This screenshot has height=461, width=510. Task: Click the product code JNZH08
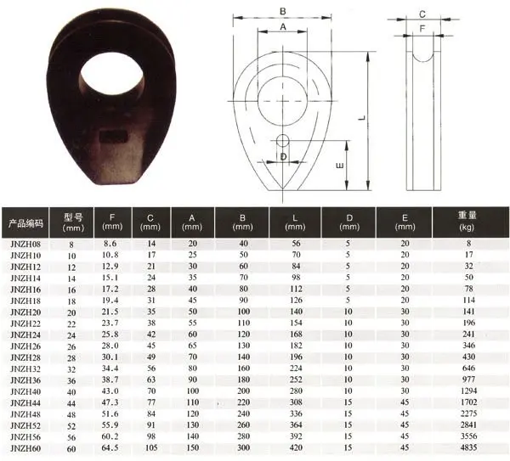25,244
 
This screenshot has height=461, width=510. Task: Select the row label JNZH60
25,448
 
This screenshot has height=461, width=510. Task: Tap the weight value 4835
468,447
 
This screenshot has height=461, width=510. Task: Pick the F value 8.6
110,244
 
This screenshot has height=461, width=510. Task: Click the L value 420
296,447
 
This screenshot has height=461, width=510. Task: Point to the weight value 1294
468,391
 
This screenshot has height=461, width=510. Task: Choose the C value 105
151,447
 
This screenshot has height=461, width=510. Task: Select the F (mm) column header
112,222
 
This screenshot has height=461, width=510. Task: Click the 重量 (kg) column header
467,221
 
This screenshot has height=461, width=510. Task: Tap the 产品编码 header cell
25,223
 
